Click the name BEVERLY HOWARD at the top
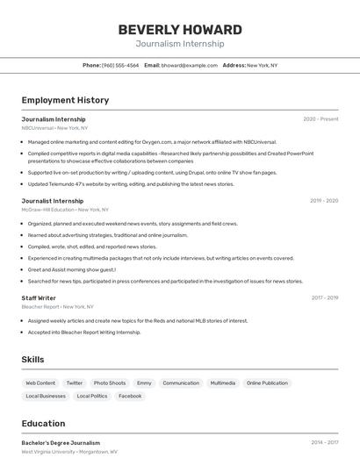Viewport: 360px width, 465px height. (x=179, y=29)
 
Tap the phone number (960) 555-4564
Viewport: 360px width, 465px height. (x=119, y=65)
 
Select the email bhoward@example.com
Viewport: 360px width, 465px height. (x=189, y=65)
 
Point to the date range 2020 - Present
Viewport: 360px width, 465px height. (x=320, y=118)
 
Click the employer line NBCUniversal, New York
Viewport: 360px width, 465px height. (x=54, y=128)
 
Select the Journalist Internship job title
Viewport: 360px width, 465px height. (x=53, y=201)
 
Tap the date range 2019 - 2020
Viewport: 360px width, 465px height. (x=323, y=201)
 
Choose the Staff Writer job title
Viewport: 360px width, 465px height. (x=39, y=297)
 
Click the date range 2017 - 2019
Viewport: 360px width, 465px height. (x=324, y=297)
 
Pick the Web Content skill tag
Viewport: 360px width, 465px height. (x=40, y=383)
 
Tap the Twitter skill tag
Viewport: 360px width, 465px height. (x=75, y=383)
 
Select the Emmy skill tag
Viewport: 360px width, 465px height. (x=144, y=383)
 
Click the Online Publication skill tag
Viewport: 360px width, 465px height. (x=267, y=383)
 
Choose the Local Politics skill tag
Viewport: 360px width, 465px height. (x=92, y=396)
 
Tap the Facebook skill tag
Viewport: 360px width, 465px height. (x=130, y=396)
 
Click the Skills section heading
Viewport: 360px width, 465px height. (x=32, y=360)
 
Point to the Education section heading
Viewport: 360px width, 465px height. (x=43, y=423)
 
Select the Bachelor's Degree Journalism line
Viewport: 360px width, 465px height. (x=61, y=443)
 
